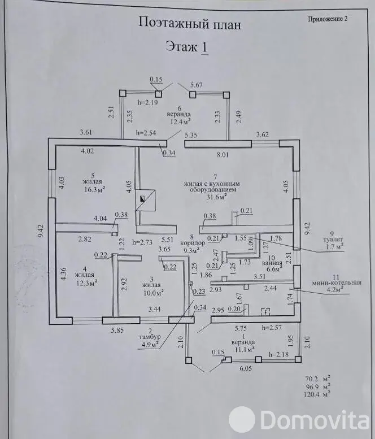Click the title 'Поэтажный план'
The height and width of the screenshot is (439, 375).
190,24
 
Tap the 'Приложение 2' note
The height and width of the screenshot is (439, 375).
328,19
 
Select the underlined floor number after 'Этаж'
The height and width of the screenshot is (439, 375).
204,47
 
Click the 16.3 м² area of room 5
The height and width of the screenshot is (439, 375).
94,190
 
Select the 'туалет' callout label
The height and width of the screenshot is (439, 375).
332,240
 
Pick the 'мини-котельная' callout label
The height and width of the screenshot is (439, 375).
337,282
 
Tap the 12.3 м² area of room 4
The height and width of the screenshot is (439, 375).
87,282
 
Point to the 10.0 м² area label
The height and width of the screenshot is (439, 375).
153,293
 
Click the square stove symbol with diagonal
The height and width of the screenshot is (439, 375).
145,200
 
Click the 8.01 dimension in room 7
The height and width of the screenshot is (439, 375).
223,155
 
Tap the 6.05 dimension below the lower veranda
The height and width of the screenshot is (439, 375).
246,368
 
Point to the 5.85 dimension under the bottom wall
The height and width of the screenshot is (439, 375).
117,331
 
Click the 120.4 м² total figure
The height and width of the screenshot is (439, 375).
316,394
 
